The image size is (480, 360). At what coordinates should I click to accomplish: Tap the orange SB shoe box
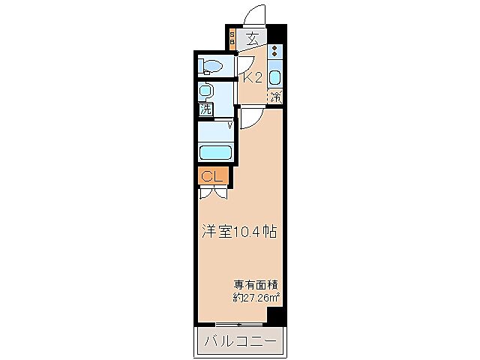pos(232,39)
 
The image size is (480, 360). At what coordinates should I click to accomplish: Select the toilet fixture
pos(211,67)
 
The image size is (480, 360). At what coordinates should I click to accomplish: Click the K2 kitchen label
pos(251,76)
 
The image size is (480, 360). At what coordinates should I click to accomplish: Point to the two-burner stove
pos(275,52)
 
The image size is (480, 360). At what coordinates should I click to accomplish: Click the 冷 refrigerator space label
pos(275,97)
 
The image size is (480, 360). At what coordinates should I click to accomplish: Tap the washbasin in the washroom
pos(206,91)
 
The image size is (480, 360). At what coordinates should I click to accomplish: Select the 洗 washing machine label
pos(205,109)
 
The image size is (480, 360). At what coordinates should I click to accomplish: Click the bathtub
pos(217,152)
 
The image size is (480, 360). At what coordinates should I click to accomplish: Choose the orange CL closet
pos(213,176)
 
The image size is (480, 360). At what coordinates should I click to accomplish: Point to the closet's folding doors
pos(214,191)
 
